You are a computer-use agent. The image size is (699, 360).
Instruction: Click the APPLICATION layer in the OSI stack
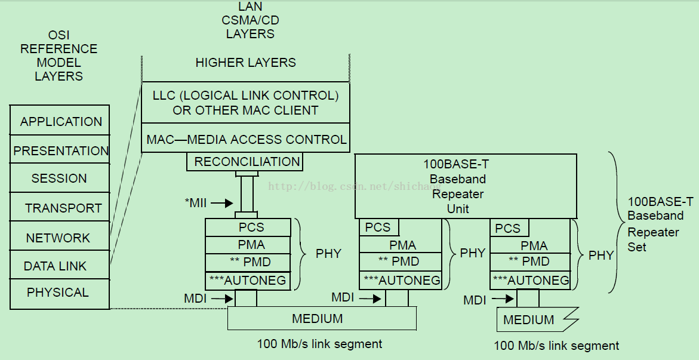pos(60,121)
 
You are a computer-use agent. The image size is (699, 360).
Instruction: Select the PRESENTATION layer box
pos(60,149)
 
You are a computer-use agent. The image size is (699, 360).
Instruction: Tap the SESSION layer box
pos(60,178)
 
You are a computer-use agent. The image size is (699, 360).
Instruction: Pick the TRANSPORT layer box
pos(60,207)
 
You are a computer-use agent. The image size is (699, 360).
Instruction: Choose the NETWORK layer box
pos(60,236)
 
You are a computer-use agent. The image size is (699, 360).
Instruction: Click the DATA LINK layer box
pos(60,265)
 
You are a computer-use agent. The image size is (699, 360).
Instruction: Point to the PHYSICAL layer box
pos(60,294)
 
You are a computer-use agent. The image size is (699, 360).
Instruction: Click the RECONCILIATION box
pos(245,161)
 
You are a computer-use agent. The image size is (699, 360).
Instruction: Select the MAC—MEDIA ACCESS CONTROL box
pos(245,138)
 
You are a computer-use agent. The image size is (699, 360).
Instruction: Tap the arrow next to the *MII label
pos(222,204)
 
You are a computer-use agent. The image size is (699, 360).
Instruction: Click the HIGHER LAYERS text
pos(245,63)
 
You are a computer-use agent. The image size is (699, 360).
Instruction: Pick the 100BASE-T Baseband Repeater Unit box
pos(466,186)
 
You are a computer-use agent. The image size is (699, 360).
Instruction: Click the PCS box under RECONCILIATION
pos(248,227)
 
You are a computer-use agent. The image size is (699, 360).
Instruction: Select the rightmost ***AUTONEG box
pos(531,280)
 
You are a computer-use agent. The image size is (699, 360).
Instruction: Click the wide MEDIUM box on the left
pos(322,319)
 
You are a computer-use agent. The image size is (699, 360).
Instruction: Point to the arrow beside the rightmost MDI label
pos(503,299)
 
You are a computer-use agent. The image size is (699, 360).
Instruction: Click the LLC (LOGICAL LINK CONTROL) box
pos(245,103)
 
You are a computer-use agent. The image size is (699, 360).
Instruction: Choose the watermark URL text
pos(355,186)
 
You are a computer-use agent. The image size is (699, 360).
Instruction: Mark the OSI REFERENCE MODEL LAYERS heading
pos(59,56)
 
